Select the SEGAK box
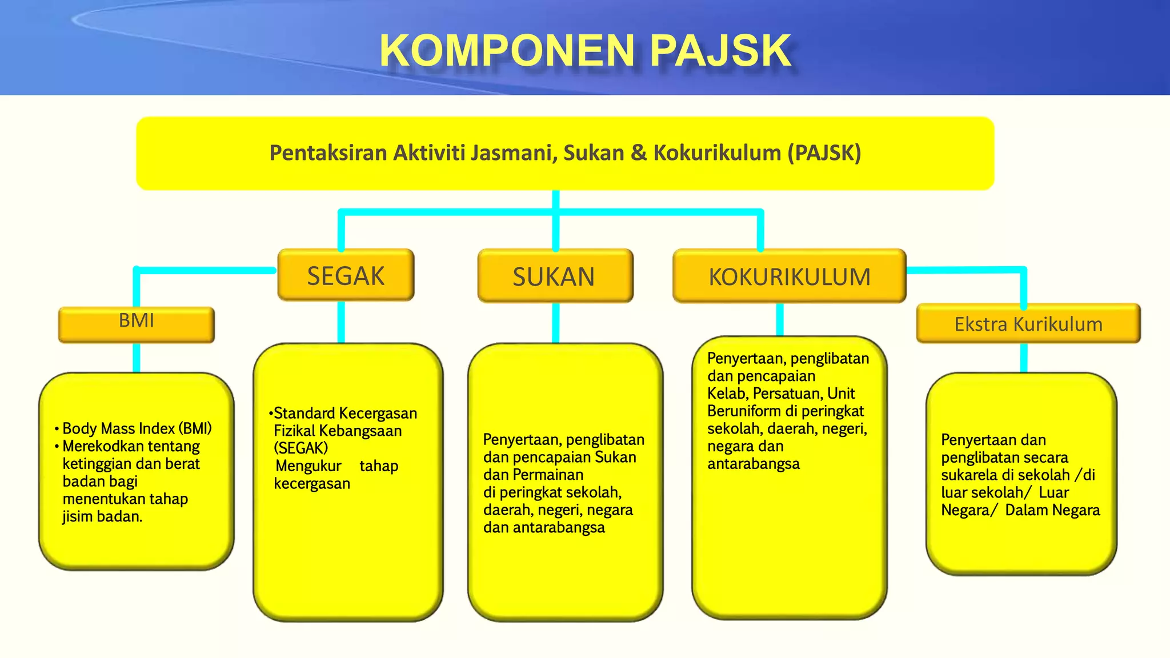click(346, 275)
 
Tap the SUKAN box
click(555, 276)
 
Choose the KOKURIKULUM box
click(790, 276)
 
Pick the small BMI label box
click(137, 323)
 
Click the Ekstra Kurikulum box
click(1028, 324)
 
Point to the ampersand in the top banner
click(638, 153)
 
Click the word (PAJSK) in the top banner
click(824, 153)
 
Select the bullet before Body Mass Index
click(57, 429)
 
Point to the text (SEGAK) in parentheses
click(301, 448)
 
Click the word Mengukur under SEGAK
click(308, 466)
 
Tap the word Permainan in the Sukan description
click(548, 475)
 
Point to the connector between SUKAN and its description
click(555, 323)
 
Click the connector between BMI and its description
click(137, 358)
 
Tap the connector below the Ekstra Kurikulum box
click(1024, 358)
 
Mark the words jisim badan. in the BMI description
click(102, 517)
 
